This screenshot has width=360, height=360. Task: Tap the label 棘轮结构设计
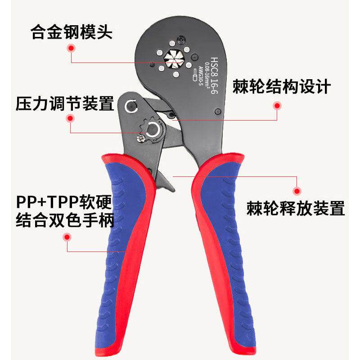coord(282,86)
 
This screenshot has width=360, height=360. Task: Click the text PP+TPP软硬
coord(63,201)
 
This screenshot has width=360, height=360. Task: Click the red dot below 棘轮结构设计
coord(277,106)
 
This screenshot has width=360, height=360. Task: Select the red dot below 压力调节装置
coord(70,119)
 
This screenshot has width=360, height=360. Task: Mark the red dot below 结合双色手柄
coord(67,237)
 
